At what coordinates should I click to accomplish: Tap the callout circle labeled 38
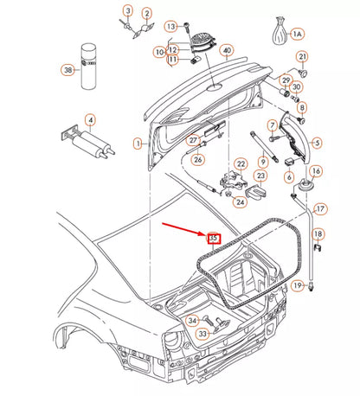click(x=67, y=70)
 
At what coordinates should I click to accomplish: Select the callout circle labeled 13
click(x=170, y=26)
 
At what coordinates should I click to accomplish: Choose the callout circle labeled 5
click(x=316, y=143)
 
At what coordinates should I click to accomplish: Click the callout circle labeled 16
click(x=315, y=171)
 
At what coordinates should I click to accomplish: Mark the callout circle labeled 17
click(x=319, y=208)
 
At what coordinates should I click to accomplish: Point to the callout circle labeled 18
click(x=318, y=234)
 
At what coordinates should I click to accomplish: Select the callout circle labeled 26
click(x=197, y=159)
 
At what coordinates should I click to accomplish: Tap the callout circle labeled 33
click(x=202, y=333)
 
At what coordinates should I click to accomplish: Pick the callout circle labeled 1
click(x=137, y=143)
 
